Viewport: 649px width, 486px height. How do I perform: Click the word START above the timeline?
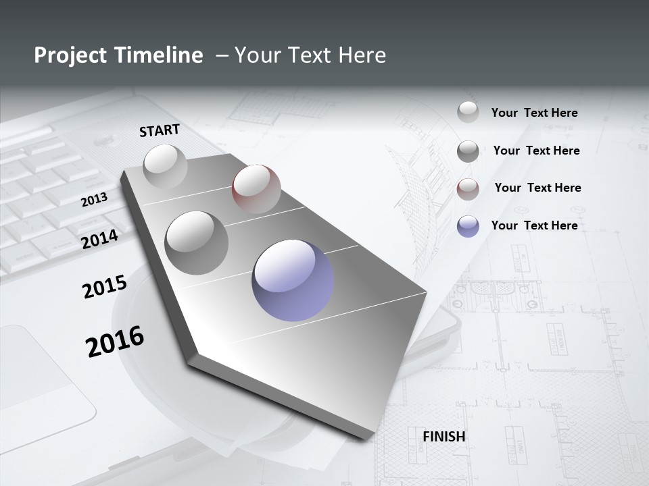point(160,130)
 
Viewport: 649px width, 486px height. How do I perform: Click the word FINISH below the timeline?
point(444,437)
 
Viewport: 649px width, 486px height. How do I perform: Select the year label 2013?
point(94,200)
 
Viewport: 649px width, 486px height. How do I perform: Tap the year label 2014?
point(100,239)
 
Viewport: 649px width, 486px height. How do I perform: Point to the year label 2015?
point(105,287)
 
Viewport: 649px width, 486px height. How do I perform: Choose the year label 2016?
point(115,342)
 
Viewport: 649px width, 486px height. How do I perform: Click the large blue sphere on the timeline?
point(293,279)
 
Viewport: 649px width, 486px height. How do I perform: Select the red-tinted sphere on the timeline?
point(256,189)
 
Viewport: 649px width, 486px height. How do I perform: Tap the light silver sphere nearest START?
point(165,166)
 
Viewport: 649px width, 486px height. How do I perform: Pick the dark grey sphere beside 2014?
point(197,242)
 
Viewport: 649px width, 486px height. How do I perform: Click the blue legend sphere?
point(468,226)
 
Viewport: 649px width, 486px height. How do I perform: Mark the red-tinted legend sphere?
point(468,189)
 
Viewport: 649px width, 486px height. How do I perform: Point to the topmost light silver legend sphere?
point(468,112)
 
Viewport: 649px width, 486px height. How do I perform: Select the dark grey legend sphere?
point(468,151)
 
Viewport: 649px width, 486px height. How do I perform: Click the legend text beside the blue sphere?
point(534,225)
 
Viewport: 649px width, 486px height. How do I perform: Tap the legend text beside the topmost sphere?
point(534,113)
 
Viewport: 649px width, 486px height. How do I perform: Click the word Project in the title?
point(70,55)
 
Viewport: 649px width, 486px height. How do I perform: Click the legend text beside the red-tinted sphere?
point(537,188)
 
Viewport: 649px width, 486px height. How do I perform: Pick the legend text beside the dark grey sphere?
point(536,151)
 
